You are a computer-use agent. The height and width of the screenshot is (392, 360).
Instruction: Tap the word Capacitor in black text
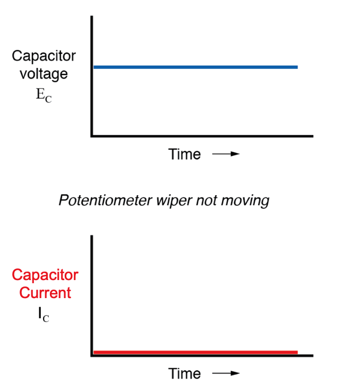[x=44, y=56]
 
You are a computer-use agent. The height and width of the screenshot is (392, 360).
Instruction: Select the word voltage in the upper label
[x=44, y=74]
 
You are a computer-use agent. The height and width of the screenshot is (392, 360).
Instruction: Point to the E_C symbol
[x=44, y=97]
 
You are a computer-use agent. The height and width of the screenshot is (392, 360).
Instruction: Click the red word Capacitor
[x=45, y=275]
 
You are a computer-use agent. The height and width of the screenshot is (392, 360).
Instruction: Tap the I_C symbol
[x=44, y=315]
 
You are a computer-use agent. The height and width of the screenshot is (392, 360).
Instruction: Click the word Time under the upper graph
[x=184, y=154]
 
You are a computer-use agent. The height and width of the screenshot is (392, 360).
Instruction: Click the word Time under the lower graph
[x=184, y=373]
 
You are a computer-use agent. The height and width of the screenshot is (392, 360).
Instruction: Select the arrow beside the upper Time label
[x=226, y=155]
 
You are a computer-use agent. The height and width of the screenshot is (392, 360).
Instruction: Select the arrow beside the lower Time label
[x=226, y=374]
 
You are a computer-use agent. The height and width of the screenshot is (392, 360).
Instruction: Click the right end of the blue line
[x=296, y=67]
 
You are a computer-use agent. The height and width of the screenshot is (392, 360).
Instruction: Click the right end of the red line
[x=296, y=352]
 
